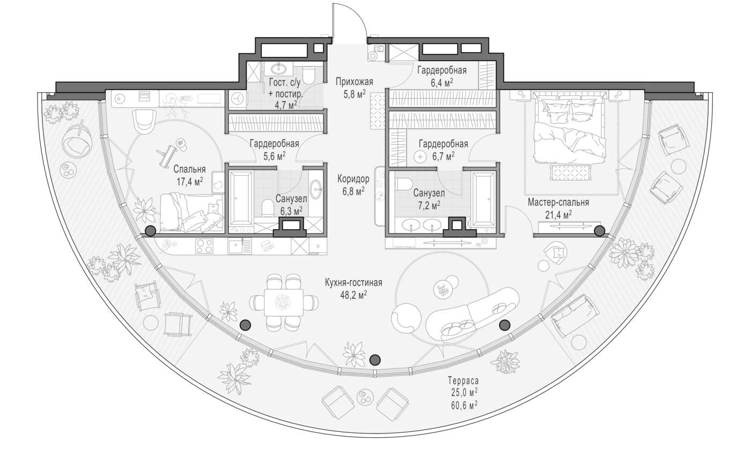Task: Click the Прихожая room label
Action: [355, 82]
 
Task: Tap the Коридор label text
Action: [354, 179]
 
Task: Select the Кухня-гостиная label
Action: [354, 283]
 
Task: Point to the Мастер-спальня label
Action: [558, 203]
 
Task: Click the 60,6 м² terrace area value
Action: [465, 406]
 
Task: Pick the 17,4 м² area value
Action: [190, 182]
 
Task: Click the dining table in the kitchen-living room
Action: [284, 302]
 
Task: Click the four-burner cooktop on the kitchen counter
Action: [204, 246]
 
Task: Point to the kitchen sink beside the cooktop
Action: [239, 246]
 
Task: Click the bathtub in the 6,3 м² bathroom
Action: [240, 198]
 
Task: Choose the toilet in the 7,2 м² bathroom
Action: [404, 184]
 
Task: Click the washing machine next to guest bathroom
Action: [238, 99]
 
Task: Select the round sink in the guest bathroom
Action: [278, 69]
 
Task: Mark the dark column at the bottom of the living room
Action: [375, 360]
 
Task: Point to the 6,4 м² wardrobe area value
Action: [442, 83]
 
